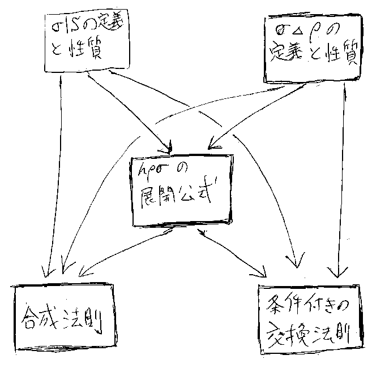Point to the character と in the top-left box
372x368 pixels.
click(57, 52)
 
